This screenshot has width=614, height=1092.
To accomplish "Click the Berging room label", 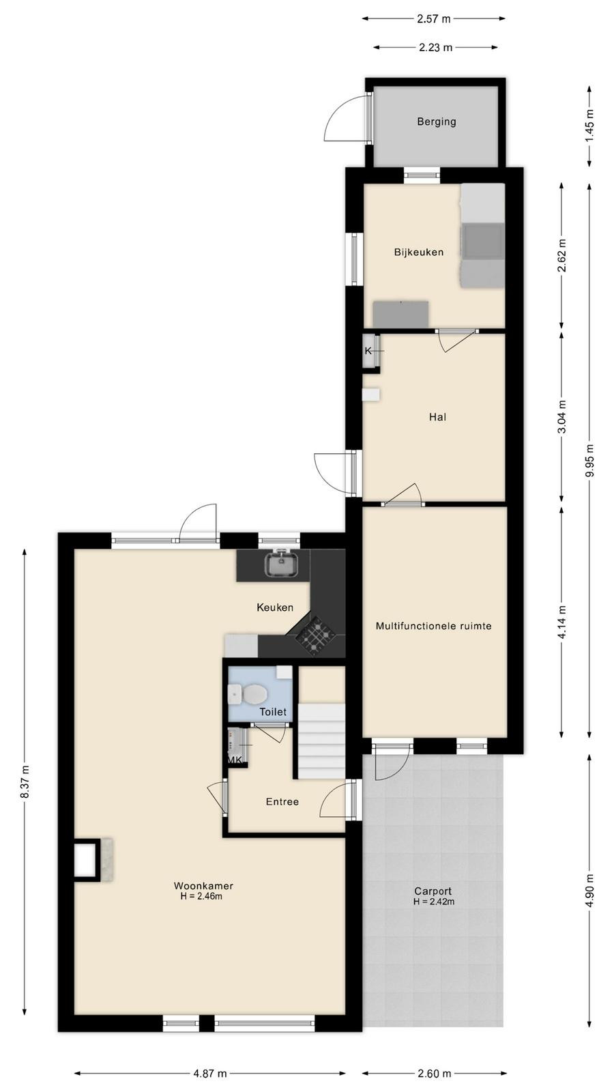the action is (436, 121).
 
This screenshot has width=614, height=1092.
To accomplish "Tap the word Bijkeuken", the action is (419, 252).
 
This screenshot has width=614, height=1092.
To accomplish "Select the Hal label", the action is (437, 417).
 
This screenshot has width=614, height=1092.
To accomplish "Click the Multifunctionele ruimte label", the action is (433, 625).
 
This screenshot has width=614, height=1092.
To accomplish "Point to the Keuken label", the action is (275, 607).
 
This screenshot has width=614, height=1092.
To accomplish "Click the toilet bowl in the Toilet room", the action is (253, 693).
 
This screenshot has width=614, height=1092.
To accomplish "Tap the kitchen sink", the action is (281, 564).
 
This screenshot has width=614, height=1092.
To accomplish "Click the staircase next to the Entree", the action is (321, 741).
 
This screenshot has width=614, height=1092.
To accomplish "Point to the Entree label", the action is (282, 801).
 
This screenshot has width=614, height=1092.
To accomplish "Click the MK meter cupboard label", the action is (235, 760).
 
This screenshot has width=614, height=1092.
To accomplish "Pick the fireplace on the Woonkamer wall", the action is (93, 859).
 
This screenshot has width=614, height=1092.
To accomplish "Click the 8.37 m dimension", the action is (25, 781).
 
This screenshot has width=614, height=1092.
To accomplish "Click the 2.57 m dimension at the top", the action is (434, 19).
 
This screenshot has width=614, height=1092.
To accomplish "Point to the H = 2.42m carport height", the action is (434, 902).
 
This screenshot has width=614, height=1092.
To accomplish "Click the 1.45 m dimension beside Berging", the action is (589, 126).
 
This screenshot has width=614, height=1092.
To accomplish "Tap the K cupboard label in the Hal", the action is (368, 351).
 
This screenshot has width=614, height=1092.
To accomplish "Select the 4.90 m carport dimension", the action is (589, 890).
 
